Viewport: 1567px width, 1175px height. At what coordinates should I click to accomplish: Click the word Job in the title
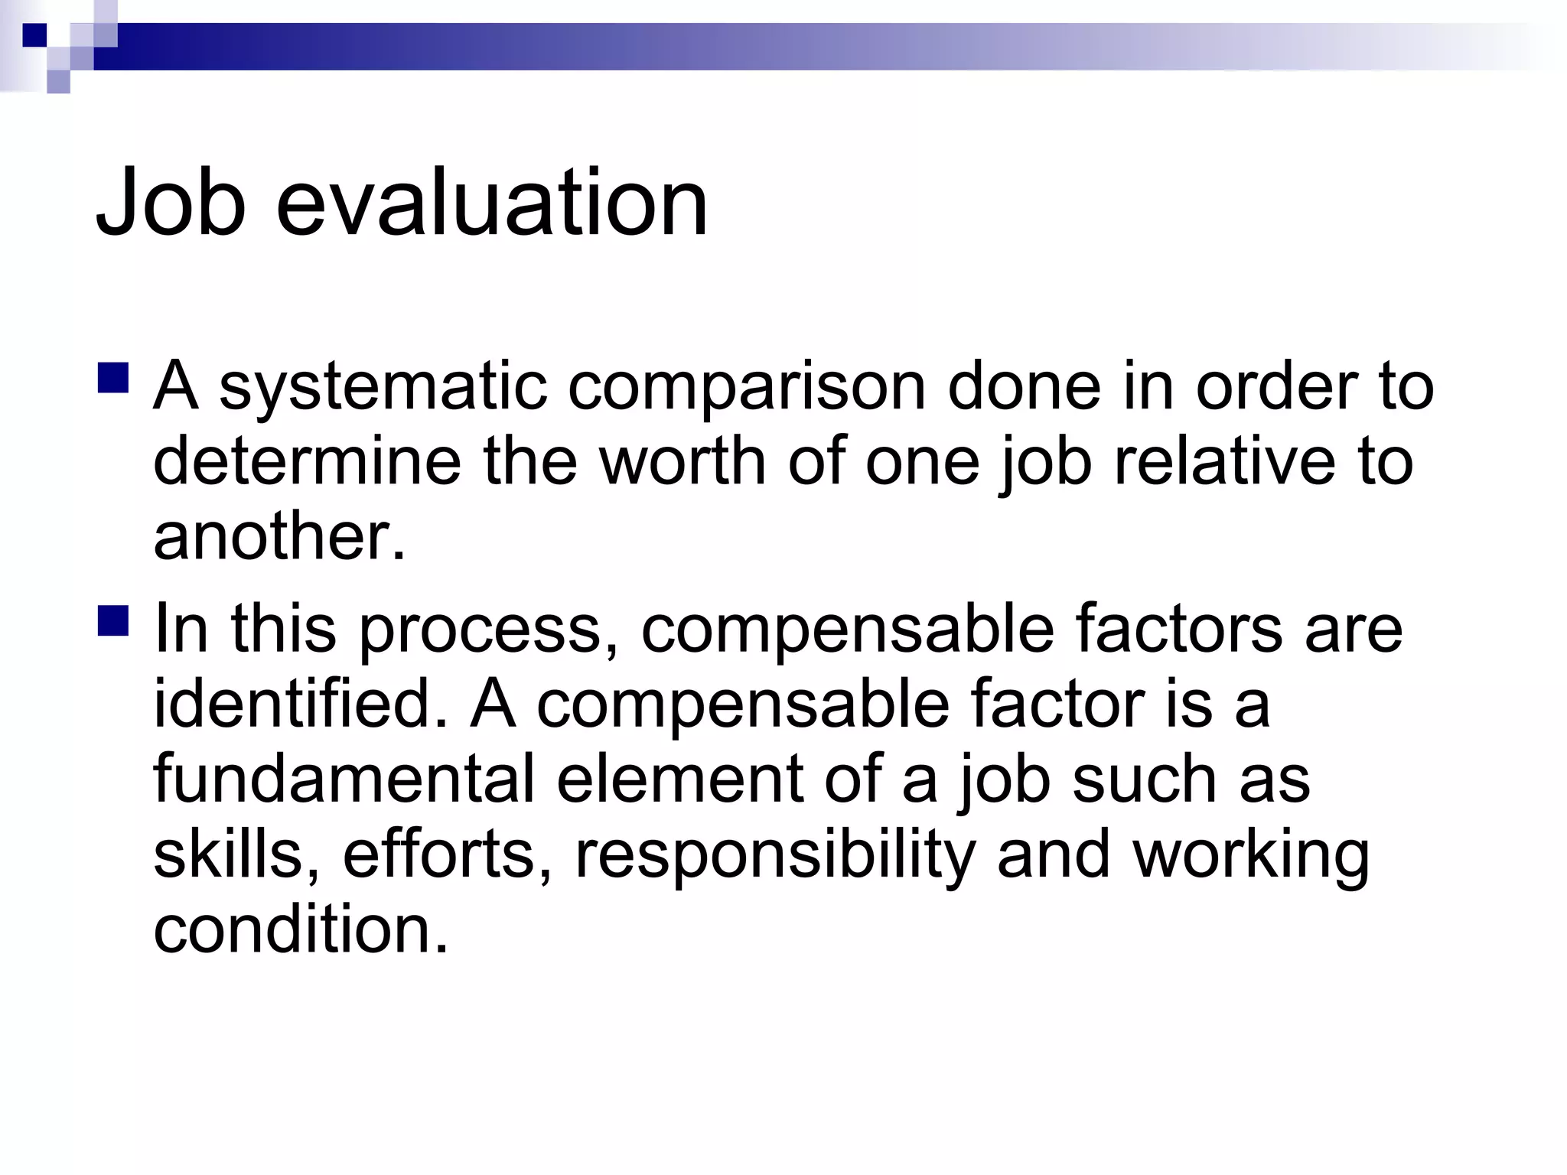[x=171, y=203]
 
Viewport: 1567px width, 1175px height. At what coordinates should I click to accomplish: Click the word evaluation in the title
[x=491, y=203]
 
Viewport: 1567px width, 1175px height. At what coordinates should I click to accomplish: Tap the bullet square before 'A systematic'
[x=113, y=378]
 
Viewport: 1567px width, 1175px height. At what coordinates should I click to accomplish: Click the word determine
[x=307, y=462]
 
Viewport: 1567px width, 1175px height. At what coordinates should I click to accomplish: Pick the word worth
[x=683, y=462]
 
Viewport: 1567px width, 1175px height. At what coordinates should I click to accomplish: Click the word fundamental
[x=344, y=779]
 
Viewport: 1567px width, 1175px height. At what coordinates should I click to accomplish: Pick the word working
[x=1251, y=855]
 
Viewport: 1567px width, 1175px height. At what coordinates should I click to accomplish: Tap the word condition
[x=300, y=929]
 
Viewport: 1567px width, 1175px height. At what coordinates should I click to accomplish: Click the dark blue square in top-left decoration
[x=34, y=35]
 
